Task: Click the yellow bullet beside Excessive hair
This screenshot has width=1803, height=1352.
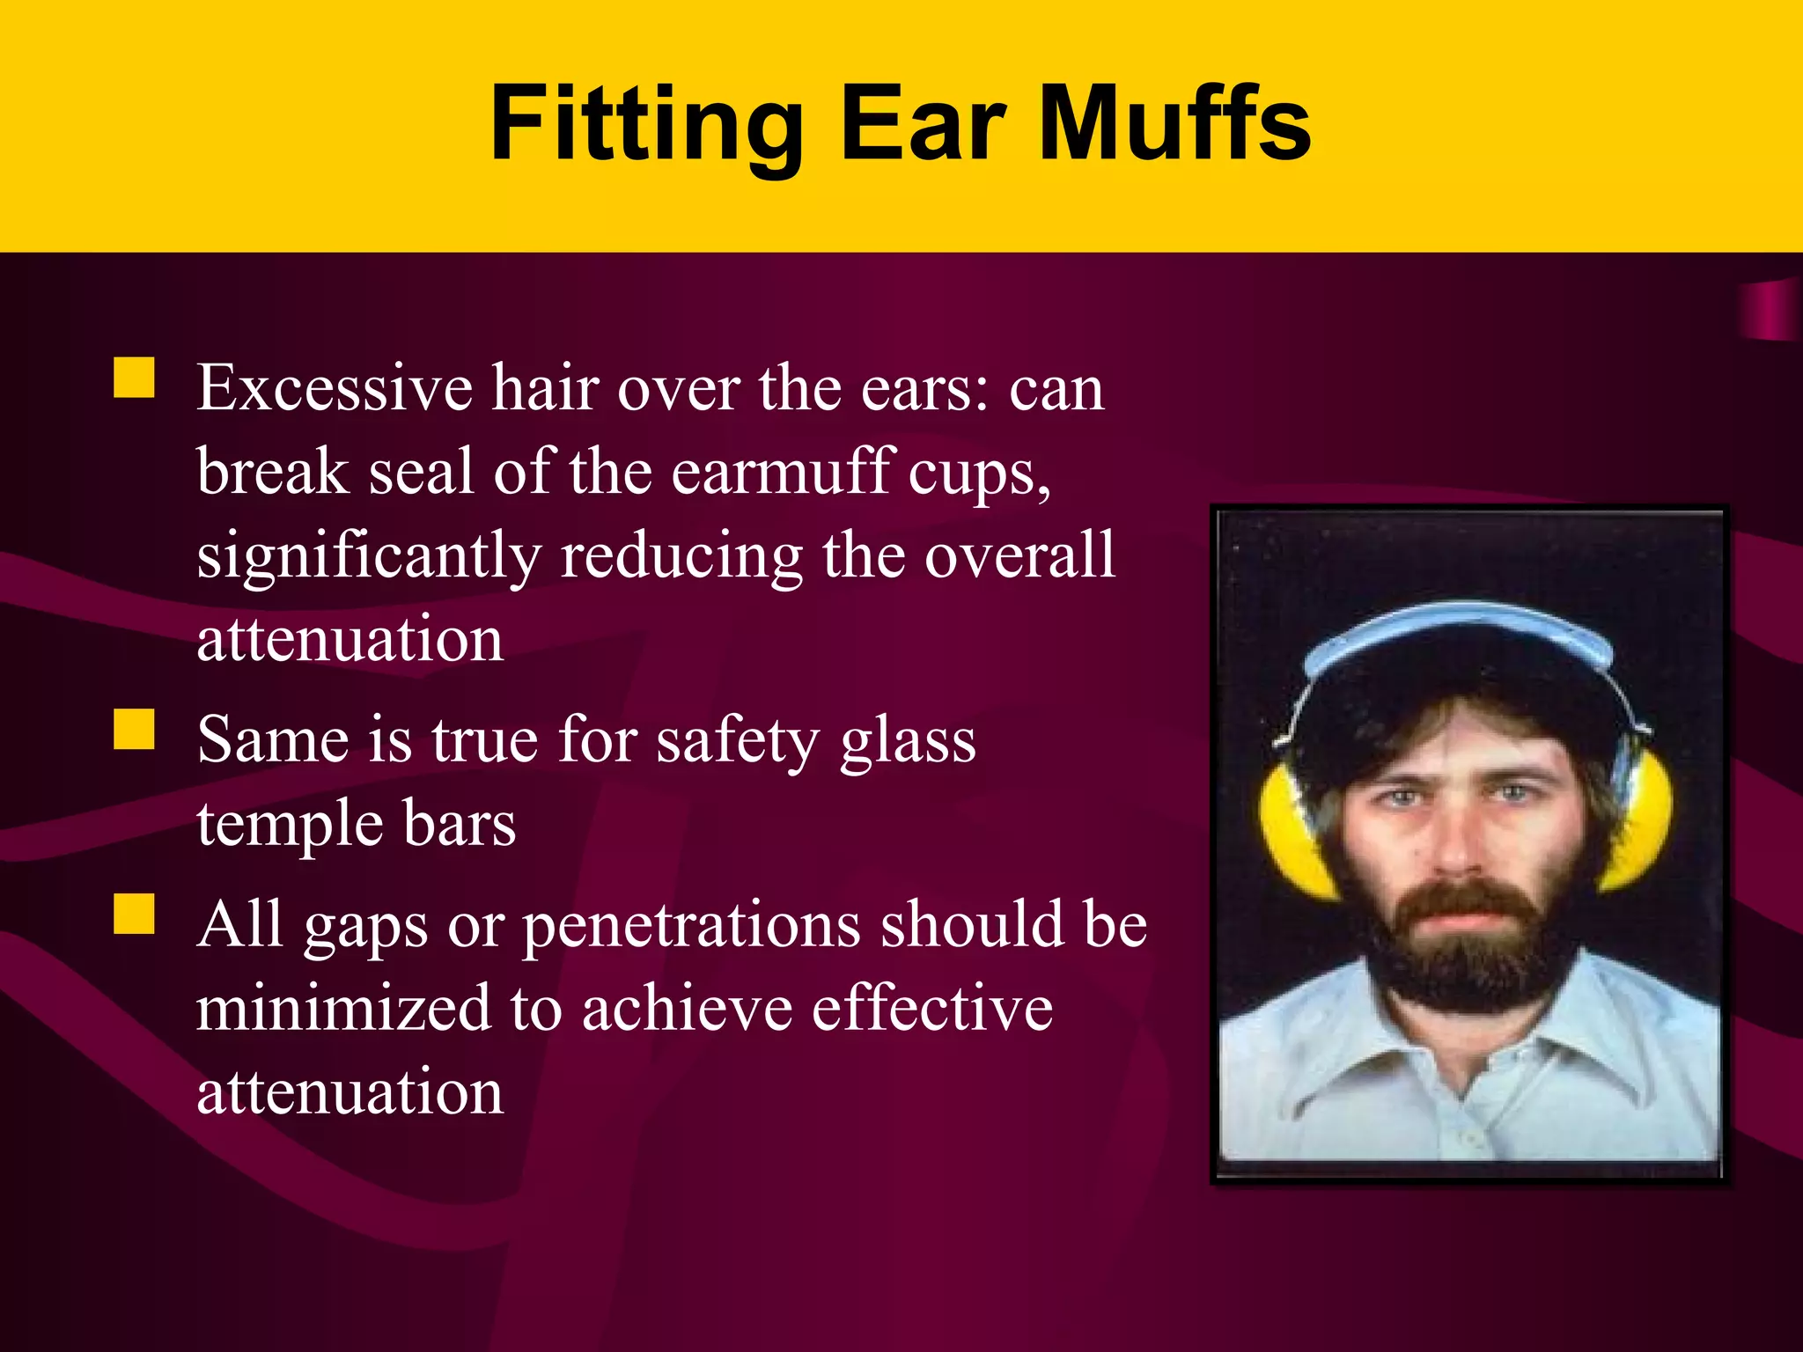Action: tap(134, 378)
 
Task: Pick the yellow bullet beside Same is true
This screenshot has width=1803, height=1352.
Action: tap(134, 730)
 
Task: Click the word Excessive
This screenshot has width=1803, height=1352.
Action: tap(335, 387)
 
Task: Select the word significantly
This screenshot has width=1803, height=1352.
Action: tap(369, 557)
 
